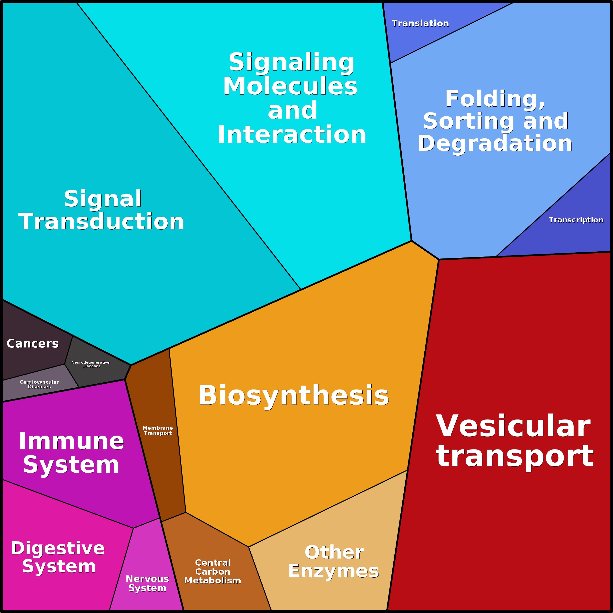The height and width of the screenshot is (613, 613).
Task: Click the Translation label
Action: (x=420, y=23)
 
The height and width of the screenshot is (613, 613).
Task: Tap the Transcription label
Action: (x=576, y=220)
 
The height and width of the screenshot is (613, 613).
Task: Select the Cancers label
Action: (x=33, y=344)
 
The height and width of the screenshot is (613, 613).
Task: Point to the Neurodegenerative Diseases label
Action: (x=91, y=364)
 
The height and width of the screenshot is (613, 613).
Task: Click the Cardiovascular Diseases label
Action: (x=39, y=384)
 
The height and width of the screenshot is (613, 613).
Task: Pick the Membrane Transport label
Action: (x=158, y=430)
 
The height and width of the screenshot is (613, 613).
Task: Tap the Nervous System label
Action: (x=147, y=583)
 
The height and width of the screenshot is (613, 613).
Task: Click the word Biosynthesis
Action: (x=294, y=396)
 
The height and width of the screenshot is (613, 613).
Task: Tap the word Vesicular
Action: (x=513, y=426)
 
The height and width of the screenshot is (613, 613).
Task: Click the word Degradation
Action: (x=495, y=143)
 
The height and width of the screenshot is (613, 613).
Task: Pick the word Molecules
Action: (x=290, y=86)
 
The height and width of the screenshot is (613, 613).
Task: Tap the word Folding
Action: (x=495, y=99)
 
